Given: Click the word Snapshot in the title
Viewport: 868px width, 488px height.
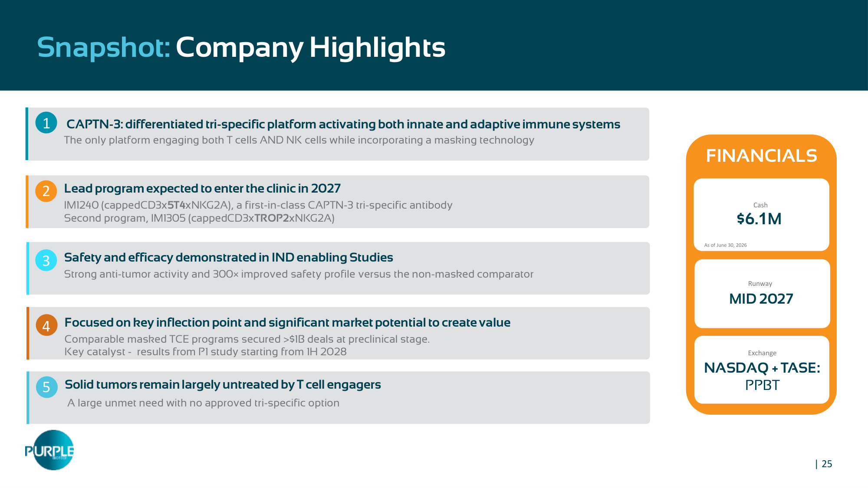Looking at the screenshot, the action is pos(104,48).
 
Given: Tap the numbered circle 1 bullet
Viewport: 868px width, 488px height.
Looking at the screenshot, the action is pos(46,123).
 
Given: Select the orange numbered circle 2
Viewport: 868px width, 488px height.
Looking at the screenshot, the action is pos(46,191).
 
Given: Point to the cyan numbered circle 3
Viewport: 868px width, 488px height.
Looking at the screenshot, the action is pos(46,260).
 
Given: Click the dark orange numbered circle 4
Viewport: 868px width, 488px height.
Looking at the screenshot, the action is pos(46,325).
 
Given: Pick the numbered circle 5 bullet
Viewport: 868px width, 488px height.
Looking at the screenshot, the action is pos(46,387).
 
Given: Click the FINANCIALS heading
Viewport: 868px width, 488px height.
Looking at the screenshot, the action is pos(762,156).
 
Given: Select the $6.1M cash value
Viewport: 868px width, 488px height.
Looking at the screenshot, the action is pos(759,219).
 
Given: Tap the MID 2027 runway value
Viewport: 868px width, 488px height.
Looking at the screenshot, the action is pos(761,298).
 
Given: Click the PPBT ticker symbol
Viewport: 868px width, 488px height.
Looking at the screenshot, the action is pos(762,385).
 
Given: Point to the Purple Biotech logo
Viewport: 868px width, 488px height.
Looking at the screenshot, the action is pos(50,450).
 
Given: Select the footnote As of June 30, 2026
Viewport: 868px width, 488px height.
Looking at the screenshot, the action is pos(725,245).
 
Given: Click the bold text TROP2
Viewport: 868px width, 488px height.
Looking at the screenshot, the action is pos(272,218).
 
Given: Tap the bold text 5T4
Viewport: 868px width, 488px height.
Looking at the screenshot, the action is pos(176,205).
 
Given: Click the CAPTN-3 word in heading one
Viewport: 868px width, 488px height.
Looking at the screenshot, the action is pos(94,124).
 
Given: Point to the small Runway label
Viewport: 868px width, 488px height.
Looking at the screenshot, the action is pos(760,284).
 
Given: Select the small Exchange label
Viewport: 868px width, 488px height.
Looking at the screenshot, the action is pos(762,353).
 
